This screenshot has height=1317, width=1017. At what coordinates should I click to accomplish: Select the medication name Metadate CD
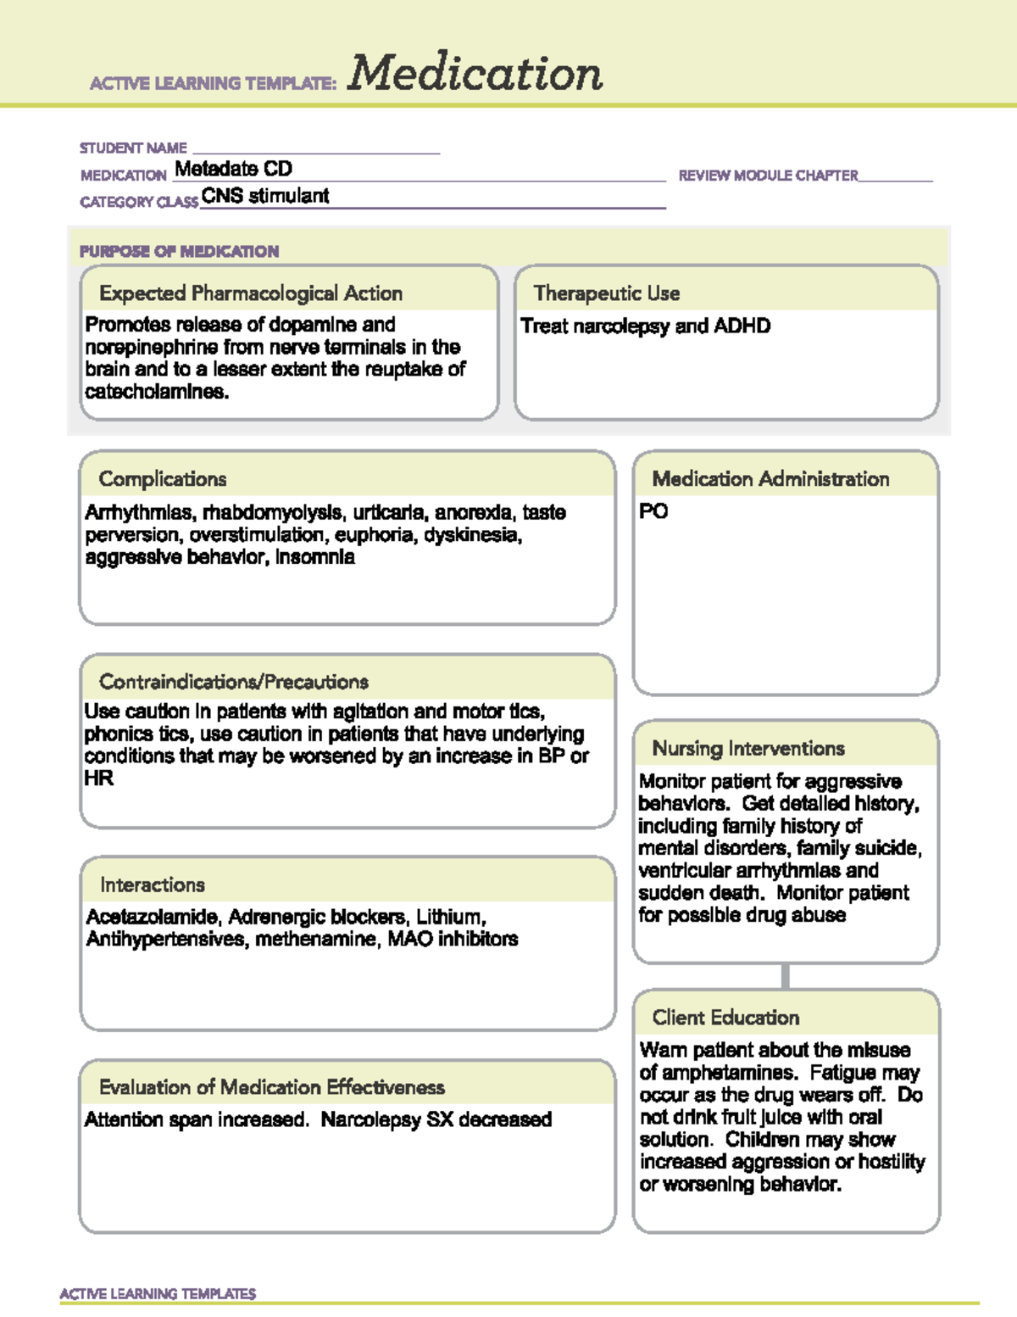[x=233, y=169]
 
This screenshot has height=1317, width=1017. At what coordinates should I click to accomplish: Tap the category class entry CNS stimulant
[x=265, y=196]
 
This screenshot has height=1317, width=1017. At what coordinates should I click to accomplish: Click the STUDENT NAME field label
[x=133, y=148]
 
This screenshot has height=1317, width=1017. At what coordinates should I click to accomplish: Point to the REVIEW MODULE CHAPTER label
[x=768, y=176]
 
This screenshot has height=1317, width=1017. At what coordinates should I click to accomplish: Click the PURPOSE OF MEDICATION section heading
[x=179, y=251]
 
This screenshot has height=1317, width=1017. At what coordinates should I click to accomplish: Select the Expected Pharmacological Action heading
[x=251, y=293]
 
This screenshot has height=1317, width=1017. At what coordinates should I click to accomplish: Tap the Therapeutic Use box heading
[x=607, y=293]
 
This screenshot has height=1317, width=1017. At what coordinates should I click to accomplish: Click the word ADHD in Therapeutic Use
[x=742, y=326]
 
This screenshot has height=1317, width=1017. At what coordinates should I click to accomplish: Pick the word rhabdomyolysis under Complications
[x=273, y=512]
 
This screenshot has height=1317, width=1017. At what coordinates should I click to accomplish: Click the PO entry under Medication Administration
[x=653, y=511]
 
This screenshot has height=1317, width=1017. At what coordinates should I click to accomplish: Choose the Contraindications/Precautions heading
[x=234, y=682]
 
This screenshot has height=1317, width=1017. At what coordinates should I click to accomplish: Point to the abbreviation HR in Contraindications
[x=98, y=778]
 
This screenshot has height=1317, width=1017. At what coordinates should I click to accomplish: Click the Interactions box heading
[x=153, y=885]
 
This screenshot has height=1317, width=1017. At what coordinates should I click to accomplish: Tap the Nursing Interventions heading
[x=748, y=748]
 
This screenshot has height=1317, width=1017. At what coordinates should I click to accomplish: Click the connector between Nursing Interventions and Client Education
[x=786, y=976]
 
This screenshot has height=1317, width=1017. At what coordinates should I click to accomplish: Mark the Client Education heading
[x=725, y=1017]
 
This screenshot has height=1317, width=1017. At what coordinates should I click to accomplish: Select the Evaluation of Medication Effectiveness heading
[x=272, y=1087]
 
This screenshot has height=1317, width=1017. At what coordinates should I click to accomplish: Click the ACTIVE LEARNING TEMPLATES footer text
[x=158, y=1293]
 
